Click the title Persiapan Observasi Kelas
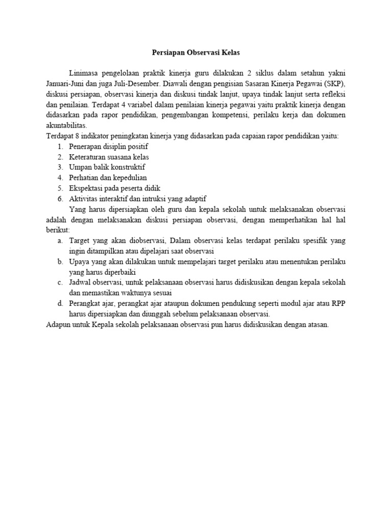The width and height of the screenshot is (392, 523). pos(196,53)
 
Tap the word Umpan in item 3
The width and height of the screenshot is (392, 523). pos(80,167)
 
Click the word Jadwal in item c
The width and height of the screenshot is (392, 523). pos(80,282)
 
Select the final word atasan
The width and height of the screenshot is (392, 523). pos(318,324)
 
